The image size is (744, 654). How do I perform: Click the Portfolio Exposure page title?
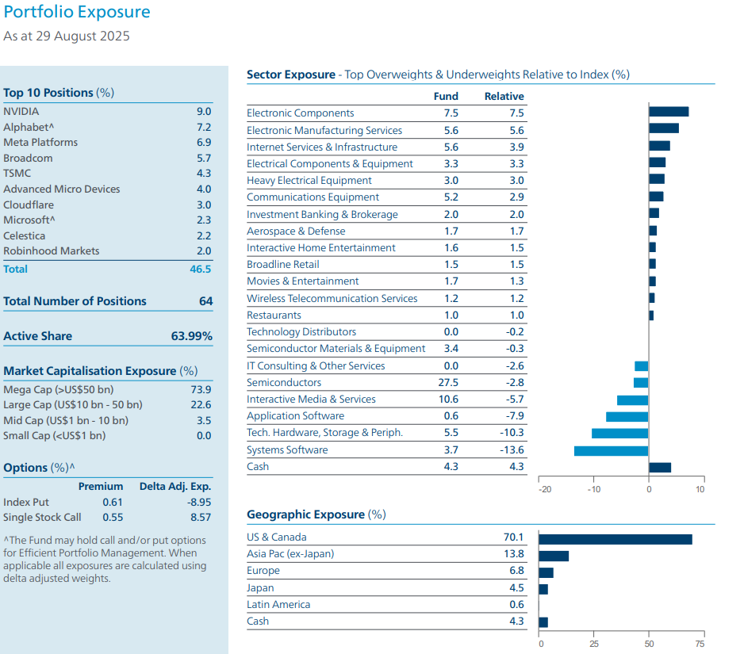77,13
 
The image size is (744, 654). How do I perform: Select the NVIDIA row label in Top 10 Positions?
21,112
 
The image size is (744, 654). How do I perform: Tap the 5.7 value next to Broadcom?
204,158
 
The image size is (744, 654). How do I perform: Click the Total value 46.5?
201,269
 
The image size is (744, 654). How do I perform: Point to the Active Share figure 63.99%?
192,336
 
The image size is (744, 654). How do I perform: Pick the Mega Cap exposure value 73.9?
202,389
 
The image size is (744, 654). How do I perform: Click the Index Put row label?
26,502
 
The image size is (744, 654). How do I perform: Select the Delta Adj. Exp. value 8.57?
201,517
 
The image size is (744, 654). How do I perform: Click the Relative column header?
504,96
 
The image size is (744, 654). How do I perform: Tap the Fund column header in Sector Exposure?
447,96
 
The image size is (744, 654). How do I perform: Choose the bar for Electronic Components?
668,112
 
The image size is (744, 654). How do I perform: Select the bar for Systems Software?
611,450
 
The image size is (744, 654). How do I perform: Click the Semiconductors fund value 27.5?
448,382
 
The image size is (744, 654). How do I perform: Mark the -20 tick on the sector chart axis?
545,489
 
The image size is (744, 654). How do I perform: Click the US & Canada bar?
615,539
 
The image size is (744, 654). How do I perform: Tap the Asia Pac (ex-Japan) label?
290,554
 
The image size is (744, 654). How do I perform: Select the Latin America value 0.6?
517,604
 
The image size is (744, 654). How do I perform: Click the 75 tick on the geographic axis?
699,643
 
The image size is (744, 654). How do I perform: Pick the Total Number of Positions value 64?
205,301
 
